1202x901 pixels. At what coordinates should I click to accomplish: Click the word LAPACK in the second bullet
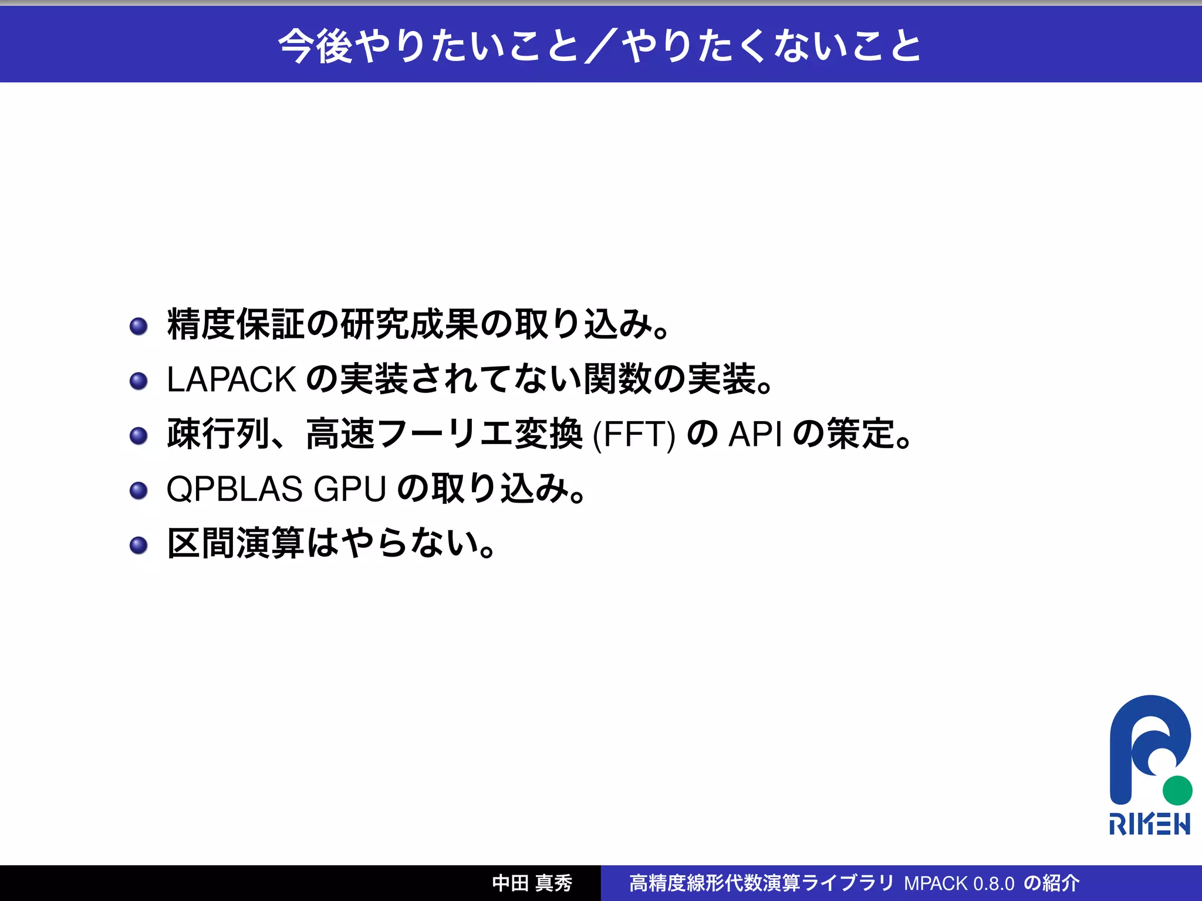tap(231, 380)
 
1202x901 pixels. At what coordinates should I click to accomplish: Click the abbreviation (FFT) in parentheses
tap(634, 435)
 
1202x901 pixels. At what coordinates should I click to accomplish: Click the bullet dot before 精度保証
tap(139, 326)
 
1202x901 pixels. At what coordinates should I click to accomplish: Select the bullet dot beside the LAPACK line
tap(139, 381)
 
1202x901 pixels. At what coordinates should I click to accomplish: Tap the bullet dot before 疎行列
tap(139, 435)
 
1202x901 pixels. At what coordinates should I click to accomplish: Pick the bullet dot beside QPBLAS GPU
tap(139, 490)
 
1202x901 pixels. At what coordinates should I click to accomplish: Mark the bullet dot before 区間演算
tap(139, 545)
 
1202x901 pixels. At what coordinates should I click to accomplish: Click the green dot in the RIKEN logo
tap(1177, 790)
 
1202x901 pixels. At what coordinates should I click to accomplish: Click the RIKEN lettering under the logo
tap(1149, 824)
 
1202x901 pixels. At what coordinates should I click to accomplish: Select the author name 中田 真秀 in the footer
tap(532, 883)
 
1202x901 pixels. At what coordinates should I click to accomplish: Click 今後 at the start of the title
tap(315, 46)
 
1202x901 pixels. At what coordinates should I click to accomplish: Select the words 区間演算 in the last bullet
tap(235, 543)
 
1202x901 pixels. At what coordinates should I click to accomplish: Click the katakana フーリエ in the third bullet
tap(445, 434)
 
